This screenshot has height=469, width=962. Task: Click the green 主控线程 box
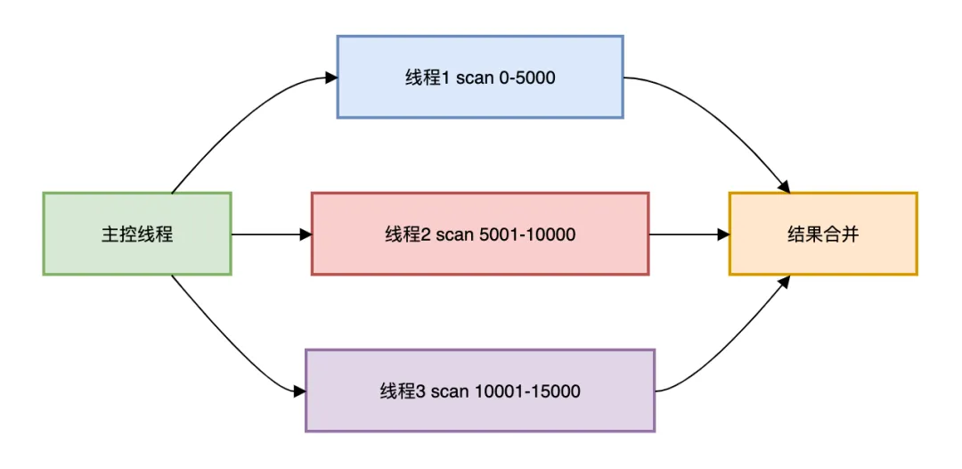[136, 234]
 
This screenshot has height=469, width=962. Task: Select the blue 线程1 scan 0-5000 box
[479, 78]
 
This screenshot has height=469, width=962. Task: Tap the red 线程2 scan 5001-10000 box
[479, 234]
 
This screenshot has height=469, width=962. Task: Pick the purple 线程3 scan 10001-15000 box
[479, 391]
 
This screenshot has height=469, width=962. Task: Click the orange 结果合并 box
[822, 234]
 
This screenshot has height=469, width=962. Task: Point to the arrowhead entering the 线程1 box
[331, 78]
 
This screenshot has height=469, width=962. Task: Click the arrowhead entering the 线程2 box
[306, 234]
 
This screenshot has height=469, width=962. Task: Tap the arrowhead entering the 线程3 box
[299, 391]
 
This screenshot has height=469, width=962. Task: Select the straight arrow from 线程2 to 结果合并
[686, 234]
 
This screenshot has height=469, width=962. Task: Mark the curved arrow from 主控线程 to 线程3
[232, 348]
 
